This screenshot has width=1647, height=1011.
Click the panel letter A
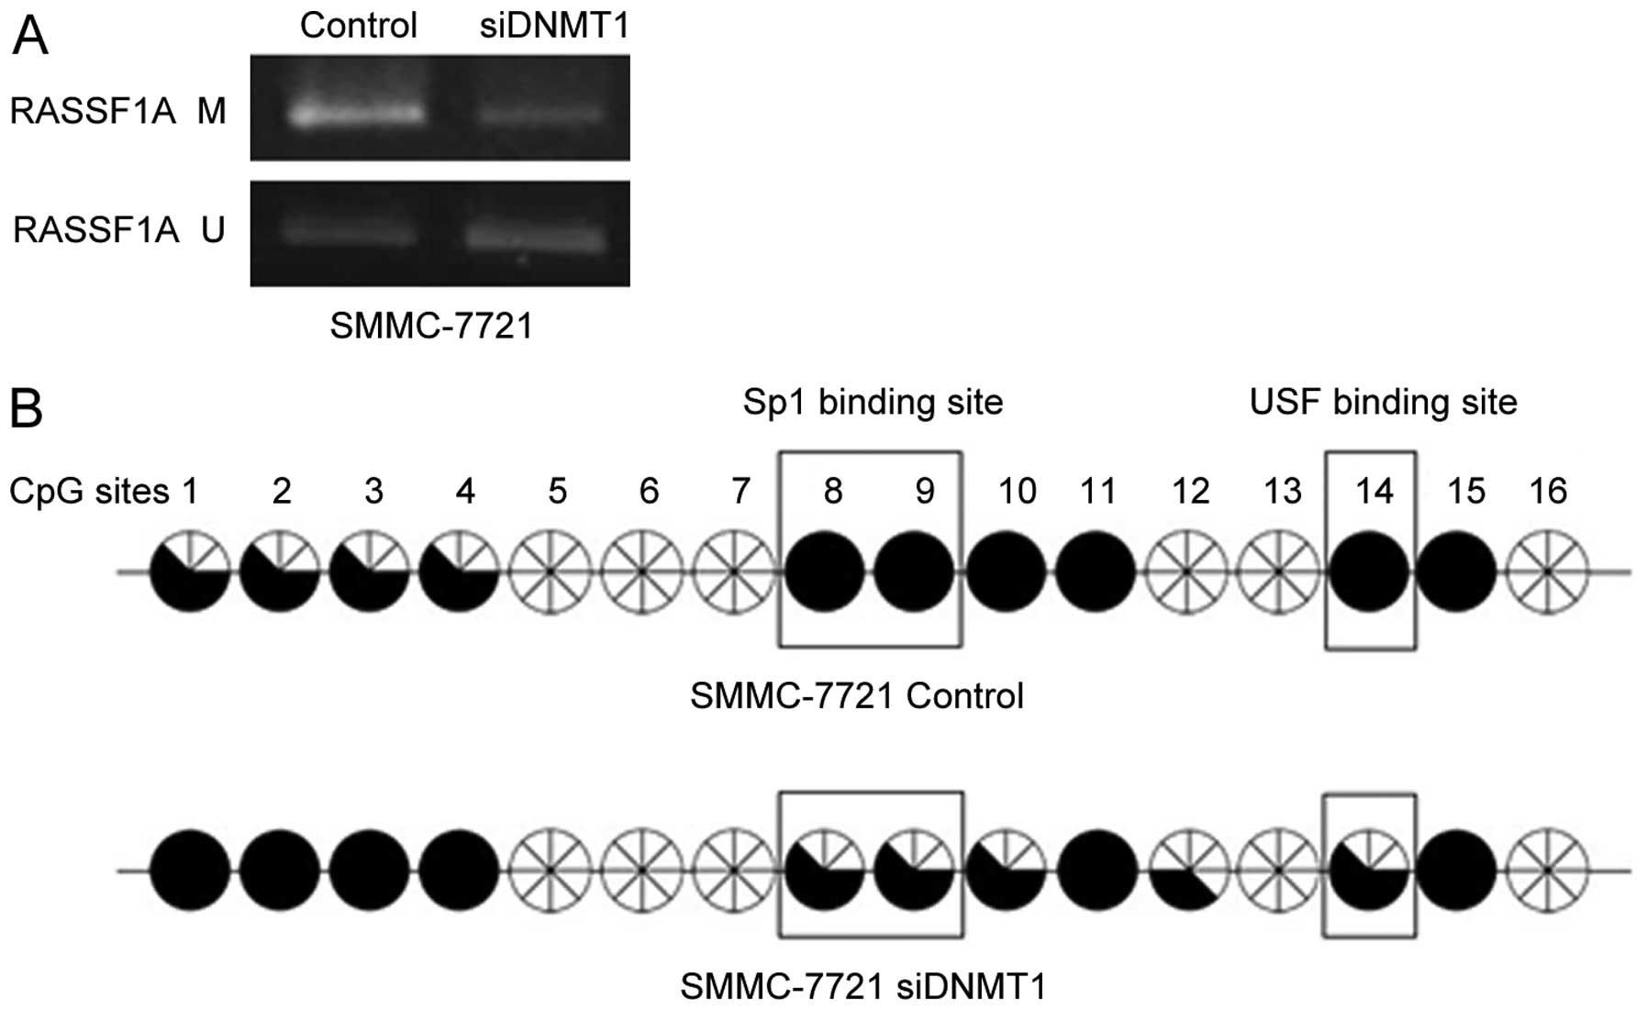(x=29, y=38)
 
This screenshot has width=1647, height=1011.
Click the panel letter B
(x=26, y=408)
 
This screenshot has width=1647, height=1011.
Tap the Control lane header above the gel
(x=358, y=26)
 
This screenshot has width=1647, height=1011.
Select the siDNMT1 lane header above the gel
(x=554, y=26)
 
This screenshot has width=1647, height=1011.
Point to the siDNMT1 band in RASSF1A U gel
(x=536, y=238)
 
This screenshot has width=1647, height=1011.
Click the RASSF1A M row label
(x=117, y=111)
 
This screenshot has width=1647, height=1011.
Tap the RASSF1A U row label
(x=118, y=229)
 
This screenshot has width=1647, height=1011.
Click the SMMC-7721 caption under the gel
(x=431, y=326)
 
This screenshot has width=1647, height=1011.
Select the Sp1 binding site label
(x=873, y=402)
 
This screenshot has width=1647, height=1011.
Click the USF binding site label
(x=1383, y=402)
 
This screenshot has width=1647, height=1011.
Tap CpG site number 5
(x=557, y=492)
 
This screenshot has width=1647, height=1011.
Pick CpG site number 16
(x=1548, y=492)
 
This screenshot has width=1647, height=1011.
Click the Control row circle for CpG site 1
(x=190, y=572)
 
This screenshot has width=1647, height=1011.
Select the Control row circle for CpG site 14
(x=1369, y=572)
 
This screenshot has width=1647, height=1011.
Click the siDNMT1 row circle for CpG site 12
(x=1188, y=871)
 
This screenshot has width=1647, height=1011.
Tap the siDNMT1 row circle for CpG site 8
(x=825, y=871)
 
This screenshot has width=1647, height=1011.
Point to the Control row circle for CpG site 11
(x=1096, y=572)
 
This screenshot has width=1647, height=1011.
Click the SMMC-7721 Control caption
(x=856, y=696)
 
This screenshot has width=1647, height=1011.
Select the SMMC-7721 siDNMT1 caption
(x=862, y=987)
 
